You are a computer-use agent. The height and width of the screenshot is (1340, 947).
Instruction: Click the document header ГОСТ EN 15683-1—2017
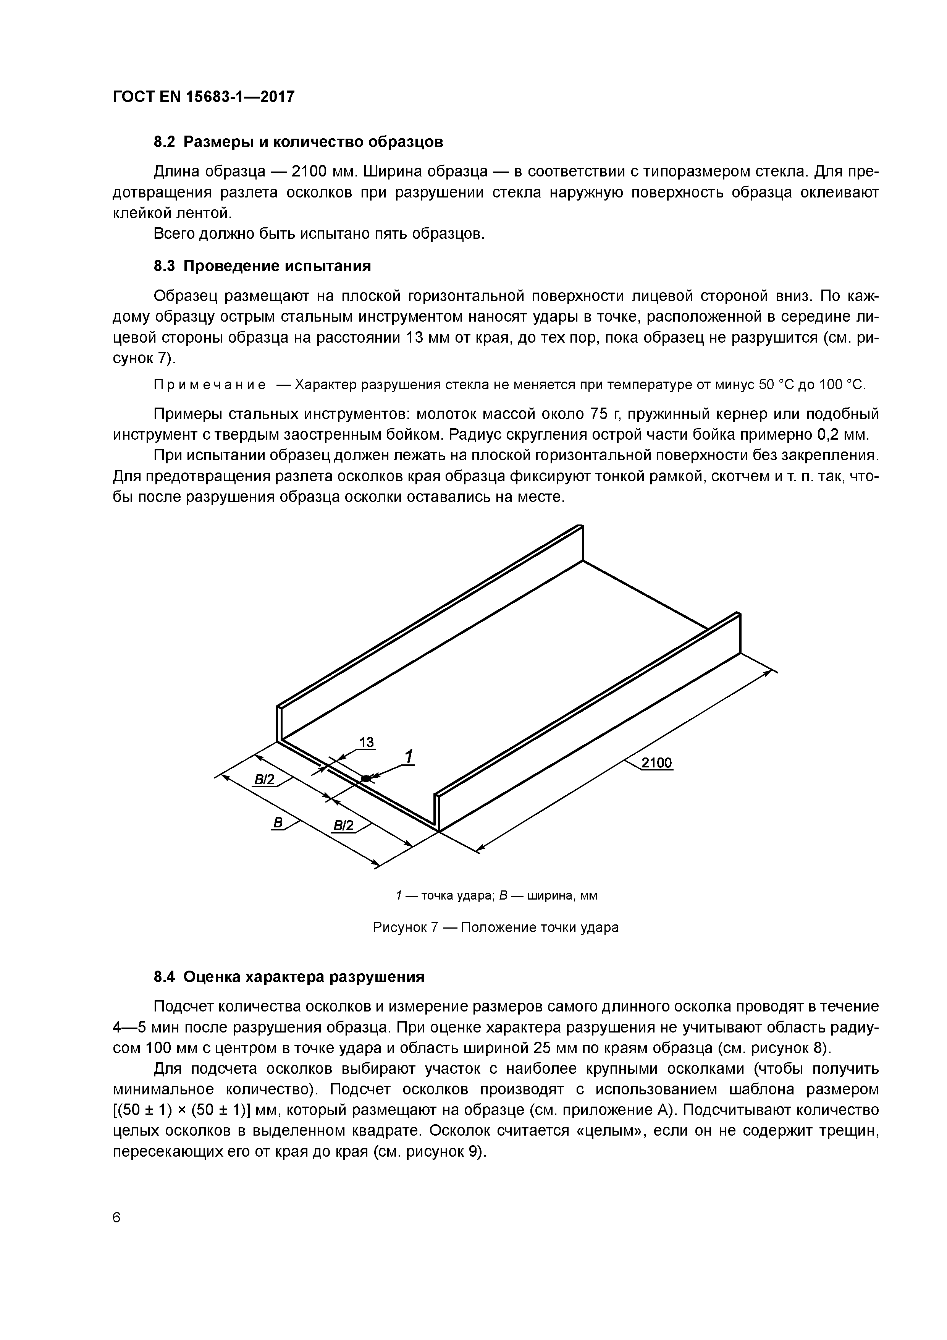[x=203, y=96]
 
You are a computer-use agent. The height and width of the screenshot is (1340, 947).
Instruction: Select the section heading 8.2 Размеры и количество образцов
[x=298, y=142]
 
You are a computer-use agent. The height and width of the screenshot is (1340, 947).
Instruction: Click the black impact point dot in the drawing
[x=366, y=778]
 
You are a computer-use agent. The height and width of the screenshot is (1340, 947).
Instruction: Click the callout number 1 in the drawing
[x=409, y=757]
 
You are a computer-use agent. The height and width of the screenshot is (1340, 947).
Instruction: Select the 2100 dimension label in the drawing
[x=656, y=763]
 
